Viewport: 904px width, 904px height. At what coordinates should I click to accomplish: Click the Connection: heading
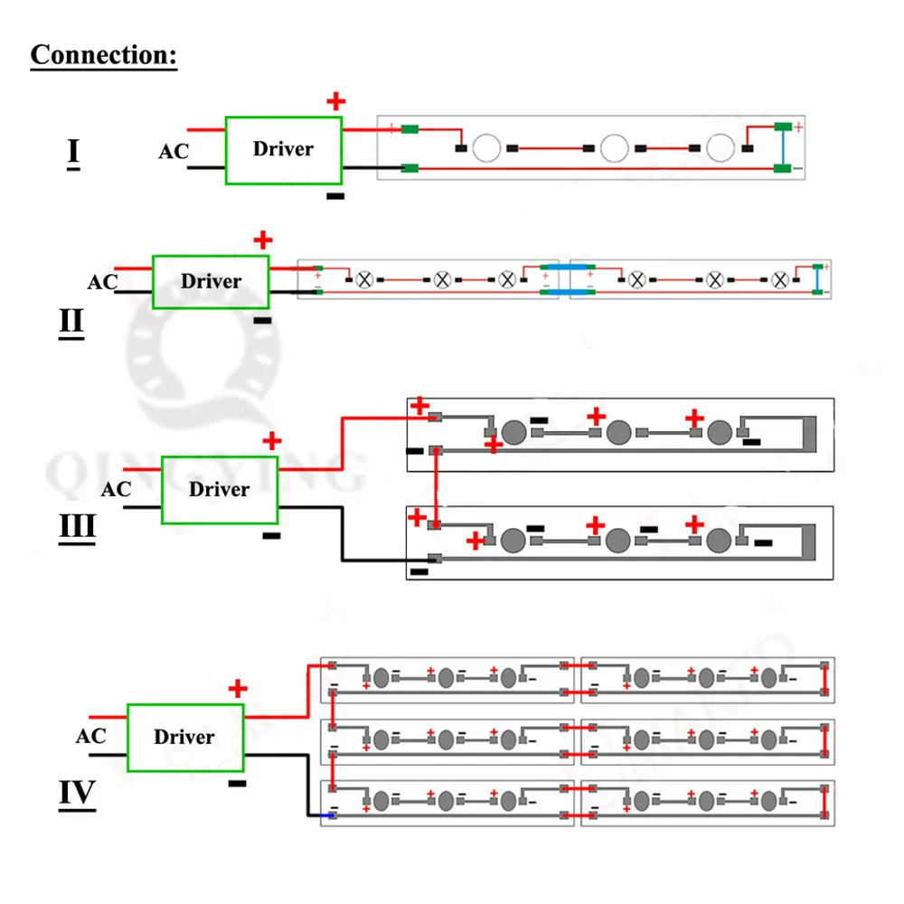pos(104,56)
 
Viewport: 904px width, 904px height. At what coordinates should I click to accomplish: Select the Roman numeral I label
pos(73,154)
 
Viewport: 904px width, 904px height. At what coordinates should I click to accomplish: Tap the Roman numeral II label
pos(71,323)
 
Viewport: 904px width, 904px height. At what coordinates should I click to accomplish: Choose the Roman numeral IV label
pos(77,794)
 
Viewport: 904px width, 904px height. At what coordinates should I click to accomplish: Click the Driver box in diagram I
pos(284,150)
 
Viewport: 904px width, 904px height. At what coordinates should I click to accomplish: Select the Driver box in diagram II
pos(211,282)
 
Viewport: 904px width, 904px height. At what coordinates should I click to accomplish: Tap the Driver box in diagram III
pos(220,490)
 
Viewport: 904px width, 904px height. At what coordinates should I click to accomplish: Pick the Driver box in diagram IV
pos(185,738)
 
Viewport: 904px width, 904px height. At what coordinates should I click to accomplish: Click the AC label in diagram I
pos(174,152)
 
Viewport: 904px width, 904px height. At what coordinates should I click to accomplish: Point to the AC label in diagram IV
pos(90,736)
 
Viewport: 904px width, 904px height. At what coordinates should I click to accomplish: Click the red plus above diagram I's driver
pos(336,101)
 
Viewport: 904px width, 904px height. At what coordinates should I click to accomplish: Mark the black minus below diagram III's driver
pos(271,536)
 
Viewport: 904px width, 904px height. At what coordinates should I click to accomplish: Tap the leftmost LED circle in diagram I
pos(486,148)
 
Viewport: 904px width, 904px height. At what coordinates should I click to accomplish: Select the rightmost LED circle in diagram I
pos(720,148)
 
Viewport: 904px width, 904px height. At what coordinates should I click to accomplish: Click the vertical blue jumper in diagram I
pos(782,147)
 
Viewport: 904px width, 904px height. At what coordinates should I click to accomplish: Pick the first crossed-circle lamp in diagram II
pos(364,280)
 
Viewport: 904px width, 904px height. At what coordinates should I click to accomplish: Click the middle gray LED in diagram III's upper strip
pos(618,432)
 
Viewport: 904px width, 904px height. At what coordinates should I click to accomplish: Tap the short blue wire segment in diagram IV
pos(327,815)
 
